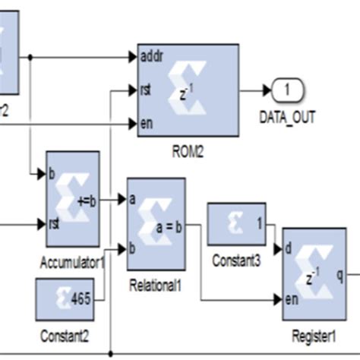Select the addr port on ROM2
click(x=150, y=56)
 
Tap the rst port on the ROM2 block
click(x=147, y=90)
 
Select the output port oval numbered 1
click(x=287, y=90)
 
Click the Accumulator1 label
click(x=72, y=262)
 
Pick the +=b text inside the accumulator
click(x=87, y=200)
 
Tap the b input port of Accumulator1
click(x=52, y=174)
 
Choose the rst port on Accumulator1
click(x=53, y=224)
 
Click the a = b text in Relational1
click(x=167, y=225)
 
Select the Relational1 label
click(x=156, y=285)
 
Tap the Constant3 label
click(x=236, y=261)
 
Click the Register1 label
click(x=314, y=335)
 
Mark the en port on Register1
click(x=290, y=299)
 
